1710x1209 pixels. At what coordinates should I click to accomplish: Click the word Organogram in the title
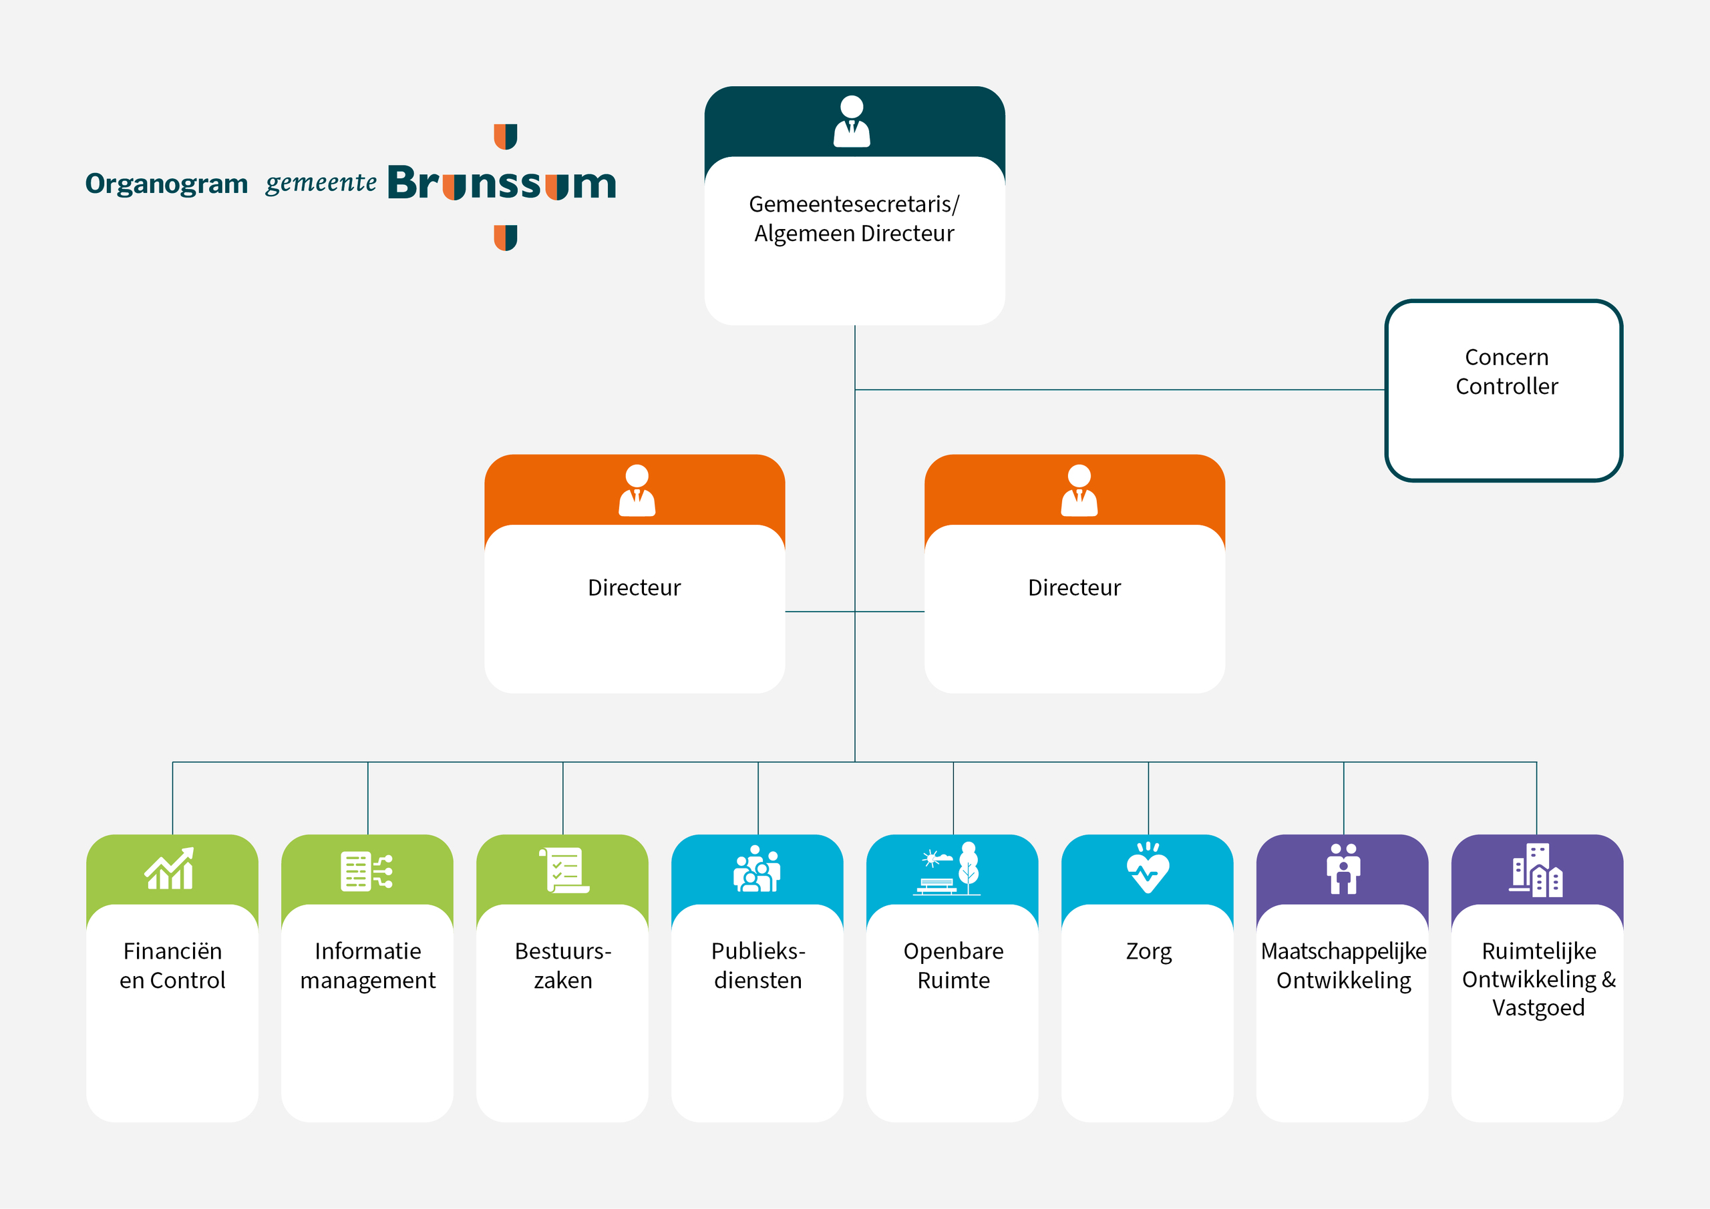166,184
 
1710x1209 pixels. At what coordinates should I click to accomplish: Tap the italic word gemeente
321,182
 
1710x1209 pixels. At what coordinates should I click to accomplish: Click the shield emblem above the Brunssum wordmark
506,136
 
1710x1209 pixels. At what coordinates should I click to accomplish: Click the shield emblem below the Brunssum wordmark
506,238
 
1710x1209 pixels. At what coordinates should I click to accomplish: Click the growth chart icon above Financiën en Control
170,869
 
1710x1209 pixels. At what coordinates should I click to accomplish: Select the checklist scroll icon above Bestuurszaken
564,869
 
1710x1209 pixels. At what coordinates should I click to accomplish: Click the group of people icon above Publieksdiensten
757,869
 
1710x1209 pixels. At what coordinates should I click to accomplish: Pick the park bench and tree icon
947,869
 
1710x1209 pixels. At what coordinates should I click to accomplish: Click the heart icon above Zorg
1148,868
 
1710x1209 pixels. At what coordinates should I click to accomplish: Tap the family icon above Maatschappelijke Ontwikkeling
1343,869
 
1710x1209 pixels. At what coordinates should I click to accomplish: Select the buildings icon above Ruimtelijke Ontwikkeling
1536,871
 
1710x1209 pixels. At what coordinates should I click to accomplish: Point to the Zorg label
1148,951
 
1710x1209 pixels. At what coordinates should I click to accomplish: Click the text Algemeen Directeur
854,234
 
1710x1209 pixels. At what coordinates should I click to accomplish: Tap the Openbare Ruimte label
953,965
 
